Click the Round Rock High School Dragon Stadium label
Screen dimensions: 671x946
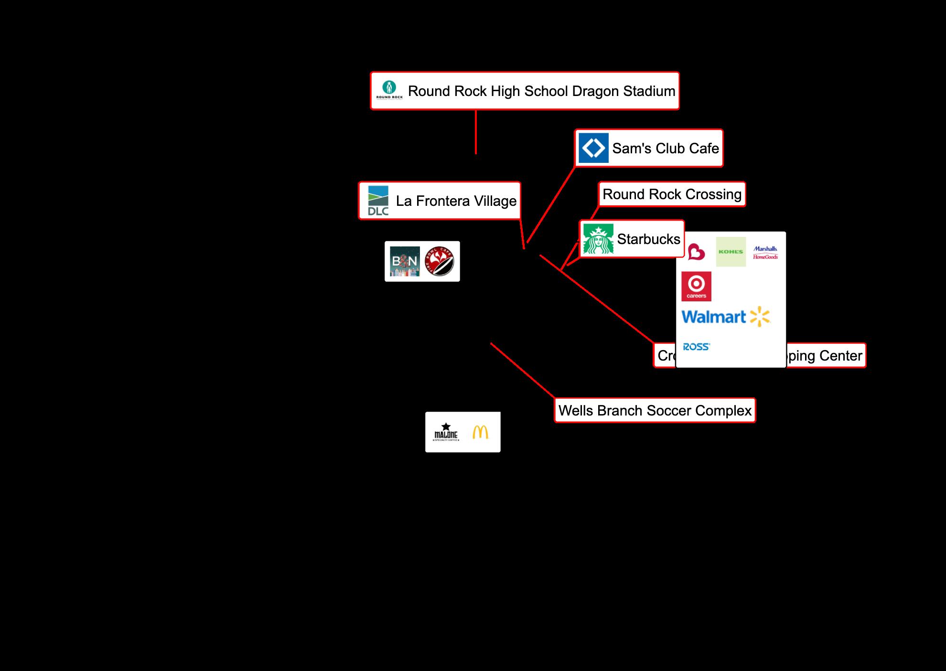click(541, 91)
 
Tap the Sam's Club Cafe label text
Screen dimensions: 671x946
click(665, 149)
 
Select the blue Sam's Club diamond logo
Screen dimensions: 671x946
click(593, 148)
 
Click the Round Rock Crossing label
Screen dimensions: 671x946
click(672, 194)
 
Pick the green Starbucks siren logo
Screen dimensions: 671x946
click(598, 239)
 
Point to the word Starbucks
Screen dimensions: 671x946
click(648, 239)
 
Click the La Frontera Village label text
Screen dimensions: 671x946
click(456, 201)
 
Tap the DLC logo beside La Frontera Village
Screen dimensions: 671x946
click(378, 201)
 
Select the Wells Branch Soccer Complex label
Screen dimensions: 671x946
click(655, 411)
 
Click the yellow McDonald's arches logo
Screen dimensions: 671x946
click(480, 432)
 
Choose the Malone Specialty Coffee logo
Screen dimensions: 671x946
click(446, 432)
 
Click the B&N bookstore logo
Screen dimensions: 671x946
click(405, 261)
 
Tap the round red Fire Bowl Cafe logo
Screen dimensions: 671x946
click(440, 261)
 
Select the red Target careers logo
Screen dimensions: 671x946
click(696, 287)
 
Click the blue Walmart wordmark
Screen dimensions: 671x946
click(714, 317)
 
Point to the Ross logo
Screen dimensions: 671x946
click(696, 347)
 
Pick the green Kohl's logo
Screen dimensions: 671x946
click(731, 252)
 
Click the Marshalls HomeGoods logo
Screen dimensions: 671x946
click(765, 253)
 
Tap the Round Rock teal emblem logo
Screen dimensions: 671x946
click(389, 90)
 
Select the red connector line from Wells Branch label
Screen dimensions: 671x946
click(523, 371)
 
